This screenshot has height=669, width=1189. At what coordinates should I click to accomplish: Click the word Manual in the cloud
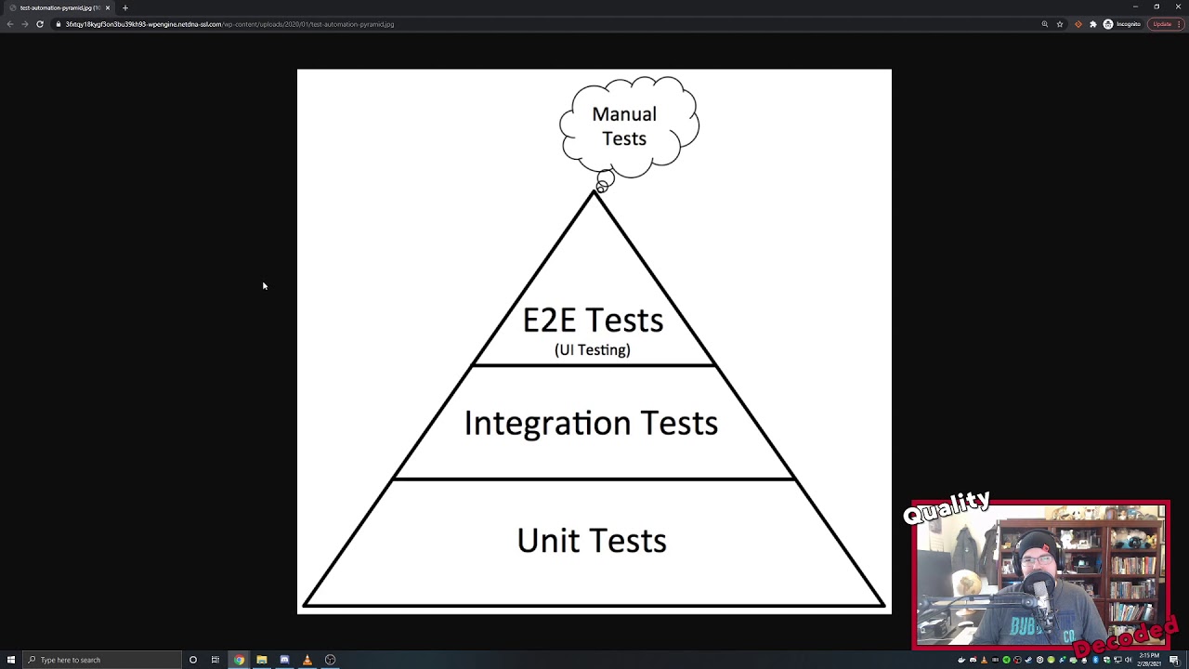click(624, 114)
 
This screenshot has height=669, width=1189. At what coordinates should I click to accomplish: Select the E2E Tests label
click(593, 321)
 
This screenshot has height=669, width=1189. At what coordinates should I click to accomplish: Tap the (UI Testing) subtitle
click(593, 349)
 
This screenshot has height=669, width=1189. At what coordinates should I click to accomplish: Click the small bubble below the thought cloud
click(605, 179)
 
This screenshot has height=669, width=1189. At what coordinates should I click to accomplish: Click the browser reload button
click(40, 24)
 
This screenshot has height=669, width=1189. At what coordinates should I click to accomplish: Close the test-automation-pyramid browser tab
click(108, 7)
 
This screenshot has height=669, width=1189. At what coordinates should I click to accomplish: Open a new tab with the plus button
click(125, 7)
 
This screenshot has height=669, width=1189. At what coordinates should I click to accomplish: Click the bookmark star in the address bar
click(1060, 24)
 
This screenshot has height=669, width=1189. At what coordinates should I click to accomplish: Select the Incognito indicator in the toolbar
click(1122, 24)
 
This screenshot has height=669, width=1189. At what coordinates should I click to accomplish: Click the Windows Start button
click(11, 660)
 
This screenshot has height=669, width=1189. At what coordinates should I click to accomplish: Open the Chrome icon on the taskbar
click(239, 660)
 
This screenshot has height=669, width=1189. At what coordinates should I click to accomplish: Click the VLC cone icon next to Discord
click(307, 660)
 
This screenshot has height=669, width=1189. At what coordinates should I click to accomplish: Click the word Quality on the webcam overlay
click(947, 507)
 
